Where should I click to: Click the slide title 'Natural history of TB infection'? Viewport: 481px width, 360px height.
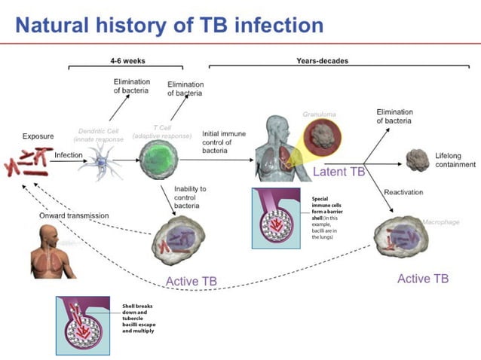pyautogui.click(x=170, y=25)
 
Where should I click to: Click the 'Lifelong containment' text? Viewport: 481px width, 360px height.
pyautogui.click(x=455, y=159)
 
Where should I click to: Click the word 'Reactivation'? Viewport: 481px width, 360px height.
pyautogui.click(x=403, y=192)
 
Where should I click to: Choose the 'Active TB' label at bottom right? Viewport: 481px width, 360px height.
pyautogui.click(x=423, y=279)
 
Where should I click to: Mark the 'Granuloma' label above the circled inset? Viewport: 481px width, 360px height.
pyautogui.click(x=319, y=114)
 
